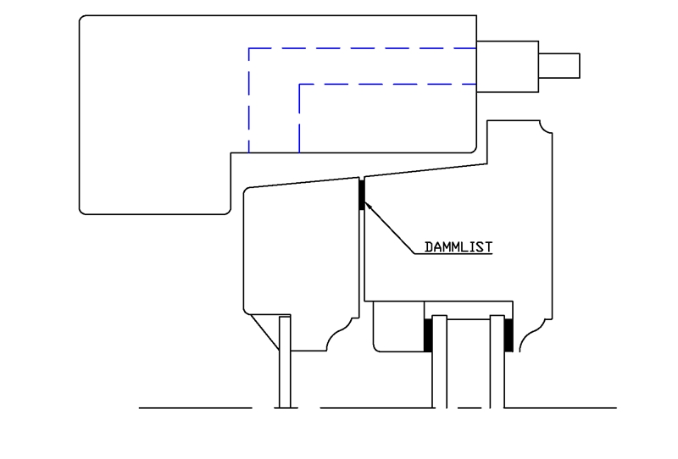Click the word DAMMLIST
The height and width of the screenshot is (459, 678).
click(458, 247)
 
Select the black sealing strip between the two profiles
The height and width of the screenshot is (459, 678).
click(362, 195)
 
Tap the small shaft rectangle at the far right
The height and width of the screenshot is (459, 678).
click(559, 66)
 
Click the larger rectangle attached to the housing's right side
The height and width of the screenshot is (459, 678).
click(508, 67)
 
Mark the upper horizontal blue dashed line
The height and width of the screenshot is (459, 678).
click(363, 48)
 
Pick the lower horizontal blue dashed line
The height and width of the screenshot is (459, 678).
click(388, 85)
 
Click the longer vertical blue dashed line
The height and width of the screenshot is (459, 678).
click(249, 100)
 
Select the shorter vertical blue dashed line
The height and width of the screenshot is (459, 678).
click(300, 119)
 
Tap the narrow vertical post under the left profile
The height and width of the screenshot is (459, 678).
click(285, 362)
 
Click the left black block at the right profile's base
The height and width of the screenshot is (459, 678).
click(428, 335)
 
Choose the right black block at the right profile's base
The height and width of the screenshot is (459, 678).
click(509, 335)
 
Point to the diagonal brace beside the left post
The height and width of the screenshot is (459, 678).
click(265, 332)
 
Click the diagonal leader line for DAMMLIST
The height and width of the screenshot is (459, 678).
click(390, 227)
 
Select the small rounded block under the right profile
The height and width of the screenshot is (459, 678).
click(398, 327)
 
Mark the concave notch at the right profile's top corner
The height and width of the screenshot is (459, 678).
click(546, 127)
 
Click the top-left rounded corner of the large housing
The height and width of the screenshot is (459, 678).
click(85, 20)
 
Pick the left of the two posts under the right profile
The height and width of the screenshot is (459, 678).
click(440, 362)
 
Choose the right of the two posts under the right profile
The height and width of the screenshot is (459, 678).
click(497, 362)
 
